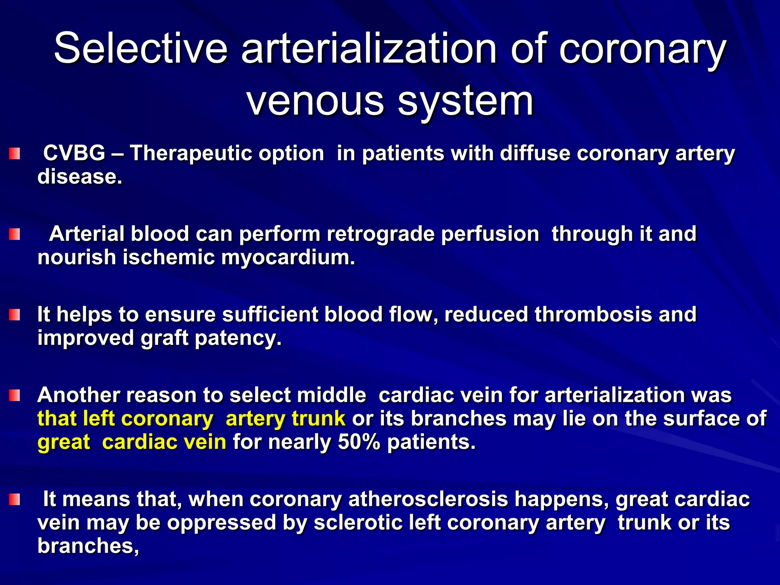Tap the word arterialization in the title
click(369, 49)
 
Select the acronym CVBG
click(74, 153)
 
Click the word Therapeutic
click(227, 153)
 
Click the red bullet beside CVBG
click(14, 154)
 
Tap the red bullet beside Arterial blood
click(14, 234)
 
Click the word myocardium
click(288, 257)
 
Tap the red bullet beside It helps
click(14, 315)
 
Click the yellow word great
click(64, 443)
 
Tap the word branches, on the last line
click(88, 546)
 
